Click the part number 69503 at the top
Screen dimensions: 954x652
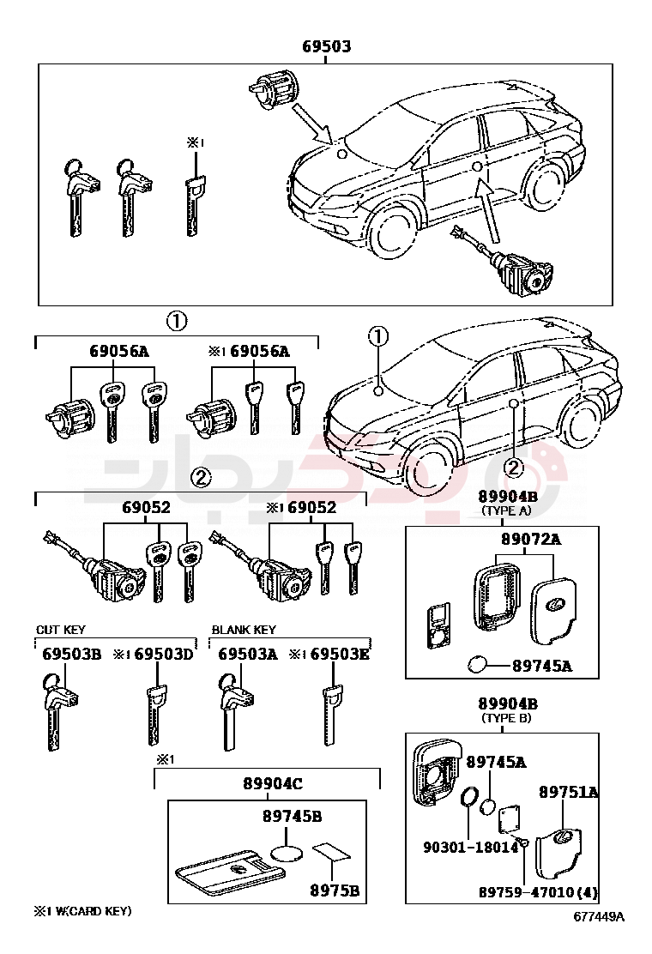coord(326,46)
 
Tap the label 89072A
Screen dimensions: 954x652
coord(530,540)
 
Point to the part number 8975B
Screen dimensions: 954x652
coord(334,891)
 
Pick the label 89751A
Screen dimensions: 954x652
coord(568,792)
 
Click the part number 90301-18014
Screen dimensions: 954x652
coord(470,847)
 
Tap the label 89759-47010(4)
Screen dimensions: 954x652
coord(538,892)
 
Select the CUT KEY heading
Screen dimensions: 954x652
coord(60,630)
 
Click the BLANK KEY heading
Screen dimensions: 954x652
coord(244,630)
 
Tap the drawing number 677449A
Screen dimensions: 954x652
coord(600,917)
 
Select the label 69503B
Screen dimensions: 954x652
coord(72,655)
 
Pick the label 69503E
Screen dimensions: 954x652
coord(340,655)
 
